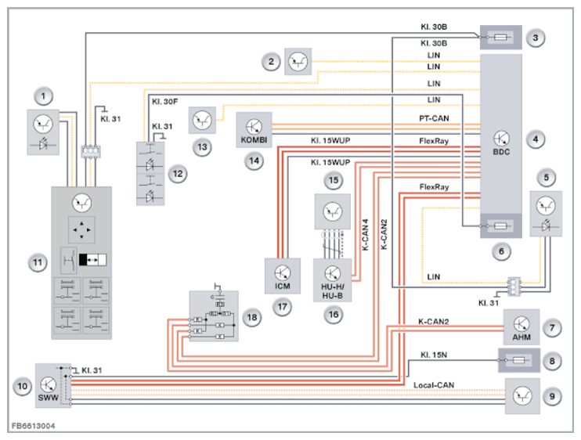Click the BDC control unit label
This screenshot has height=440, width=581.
point(501,151)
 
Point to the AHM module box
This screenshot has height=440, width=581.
point(521,326)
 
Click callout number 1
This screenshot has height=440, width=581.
point(46,96)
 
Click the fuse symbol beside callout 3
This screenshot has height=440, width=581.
point(500,37)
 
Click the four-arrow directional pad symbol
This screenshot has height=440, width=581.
point(83,232)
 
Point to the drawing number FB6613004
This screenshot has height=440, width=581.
point(34,427)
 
